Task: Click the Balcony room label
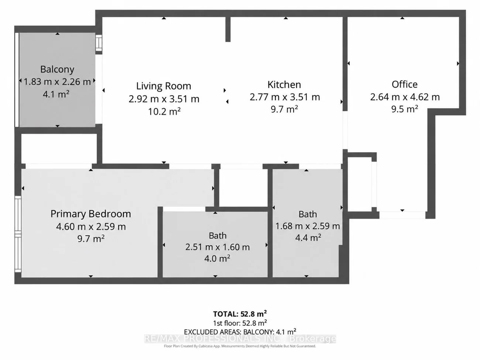point(57,69)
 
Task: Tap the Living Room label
point(164,86)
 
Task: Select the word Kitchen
point(284,85)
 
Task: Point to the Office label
point(405,85)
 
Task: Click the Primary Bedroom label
point(91,214)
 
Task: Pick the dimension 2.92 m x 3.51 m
point(164,99)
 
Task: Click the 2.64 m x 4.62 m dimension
point(405,97)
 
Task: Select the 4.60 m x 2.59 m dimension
point(91,226)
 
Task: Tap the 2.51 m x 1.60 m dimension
point(217,247)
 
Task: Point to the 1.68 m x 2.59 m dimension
point(308,226)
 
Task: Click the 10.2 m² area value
point(164,112)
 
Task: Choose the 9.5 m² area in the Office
point(405,109)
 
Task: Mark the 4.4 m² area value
point(308,237)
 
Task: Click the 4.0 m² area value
point(217,258)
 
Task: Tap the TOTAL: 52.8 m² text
point(240,314)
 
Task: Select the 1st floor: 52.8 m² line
point(240,323)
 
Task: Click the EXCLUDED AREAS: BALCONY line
point(240,332)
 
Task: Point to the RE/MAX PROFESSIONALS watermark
point(240,339)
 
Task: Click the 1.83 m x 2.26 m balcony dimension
point(57,82)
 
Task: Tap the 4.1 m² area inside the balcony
point(56,95)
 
